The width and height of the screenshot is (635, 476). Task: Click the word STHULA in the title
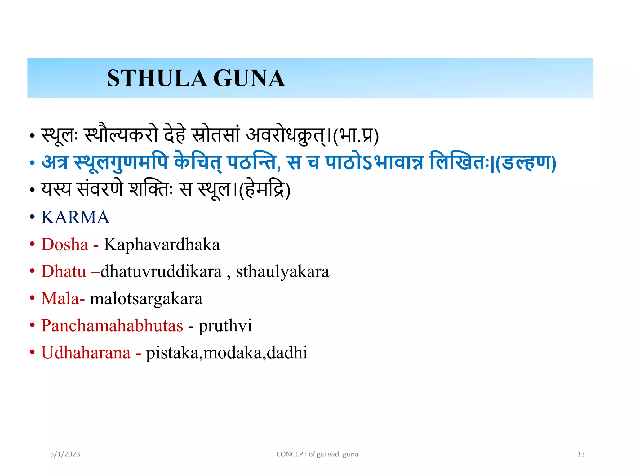pos(157,78)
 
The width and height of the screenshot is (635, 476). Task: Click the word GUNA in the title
pos(249,78)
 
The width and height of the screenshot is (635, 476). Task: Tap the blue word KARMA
pos(75,217)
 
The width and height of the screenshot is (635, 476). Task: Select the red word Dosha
pos(64,244)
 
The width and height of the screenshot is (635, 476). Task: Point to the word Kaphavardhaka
pos(162,244)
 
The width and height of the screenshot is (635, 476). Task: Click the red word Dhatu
pos(64,271)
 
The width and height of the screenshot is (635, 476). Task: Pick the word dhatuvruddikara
pos(161,271)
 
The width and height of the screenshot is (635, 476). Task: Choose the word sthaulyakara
pos(282,271)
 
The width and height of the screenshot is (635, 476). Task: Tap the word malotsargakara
pos(146,298)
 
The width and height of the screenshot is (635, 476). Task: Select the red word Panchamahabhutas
pos(112,325)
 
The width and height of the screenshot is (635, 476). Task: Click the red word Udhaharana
pos(86,353)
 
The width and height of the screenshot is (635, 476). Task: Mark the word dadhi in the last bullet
pos(287,353)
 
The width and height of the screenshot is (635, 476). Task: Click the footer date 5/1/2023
pos(65,454)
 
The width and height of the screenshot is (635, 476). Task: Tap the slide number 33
pos(580,454)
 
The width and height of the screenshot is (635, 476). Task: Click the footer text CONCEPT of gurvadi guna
pos(317,454)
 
